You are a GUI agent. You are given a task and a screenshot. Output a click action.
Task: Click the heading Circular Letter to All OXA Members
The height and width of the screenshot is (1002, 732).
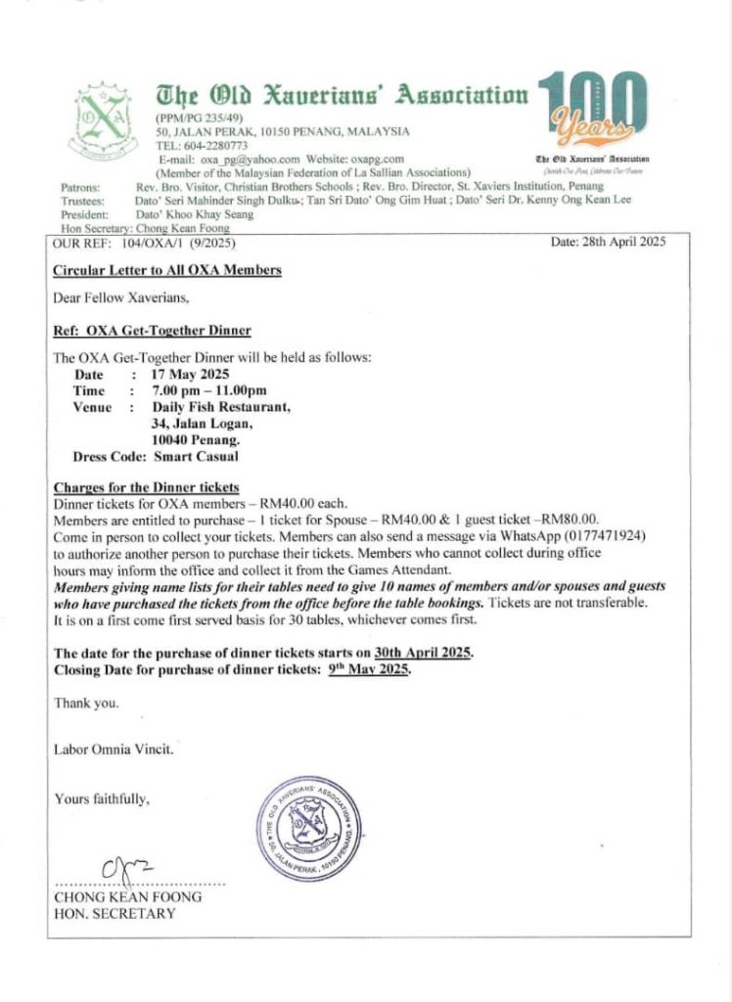(167, 270)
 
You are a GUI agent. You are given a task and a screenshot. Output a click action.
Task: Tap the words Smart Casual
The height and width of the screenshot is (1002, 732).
(196, 456)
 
